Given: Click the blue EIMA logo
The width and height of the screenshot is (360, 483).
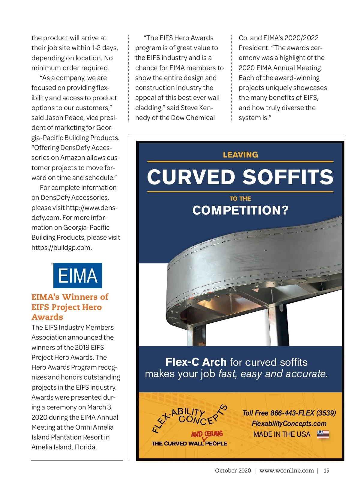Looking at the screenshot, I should pos(77,275).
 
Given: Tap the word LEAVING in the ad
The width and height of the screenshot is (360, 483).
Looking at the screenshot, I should pos(240,154).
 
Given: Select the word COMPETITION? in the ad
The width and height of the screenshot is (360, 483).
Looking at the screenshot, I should pos(240,210).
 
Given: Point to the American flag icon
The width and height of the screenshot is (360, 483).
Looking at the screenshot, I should pos(323,434).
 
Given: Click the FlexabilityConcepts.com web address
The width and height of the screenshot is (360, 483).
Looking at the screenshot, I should pos(289,423).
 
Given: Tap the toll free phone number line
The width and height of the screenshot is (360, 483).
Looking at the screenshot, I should pos(289,413).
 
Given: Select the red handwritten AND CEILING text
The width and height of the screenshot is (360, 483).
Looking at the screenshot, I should pos(207,434).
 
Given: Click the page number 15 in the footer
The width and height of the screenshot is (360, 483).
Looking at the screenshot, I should pos(326,470).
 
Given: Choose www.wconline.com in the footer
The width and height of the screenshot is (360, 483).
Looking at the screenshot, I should pos(286,470).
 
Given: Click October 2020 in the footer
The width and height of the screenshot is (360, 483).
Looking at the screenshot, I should pos(233,470).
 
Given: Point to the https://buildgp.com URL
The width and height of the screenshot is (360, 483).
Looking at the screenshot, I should pos(61,247).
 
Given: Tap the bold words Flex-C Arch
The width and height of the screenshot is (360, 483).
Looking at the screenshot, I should pos(196,362).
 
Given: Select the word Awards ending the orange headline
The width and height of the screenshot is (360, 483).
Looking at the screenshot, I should pos(47,317).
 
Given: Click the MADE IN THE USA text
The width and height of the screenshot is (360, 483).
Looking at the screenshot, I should pos(282,434).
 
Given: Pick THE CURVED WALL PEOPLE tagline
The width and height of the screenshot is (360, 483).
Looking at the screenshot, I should pos(189,443).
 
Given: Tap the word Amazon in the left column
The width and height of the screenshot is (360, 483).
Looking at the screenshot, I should pos(72,157).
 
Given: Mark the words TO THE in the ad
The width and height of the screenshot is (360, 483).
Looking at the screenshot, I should pos(240,199).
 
